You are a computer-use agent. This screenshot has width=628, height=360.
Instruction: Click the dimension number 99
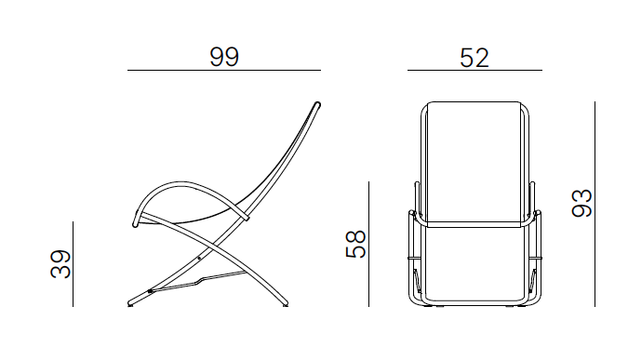224,57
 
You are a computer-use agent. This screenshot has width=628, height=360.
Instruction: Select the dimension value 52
474,58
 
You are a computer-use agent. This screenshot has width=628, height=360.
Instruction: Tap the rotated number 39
60,264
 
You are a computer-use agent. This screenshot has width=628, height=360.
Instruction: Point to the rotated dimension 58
355,244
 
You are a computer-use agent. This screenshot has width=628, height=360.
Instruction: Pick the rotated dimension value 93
581,203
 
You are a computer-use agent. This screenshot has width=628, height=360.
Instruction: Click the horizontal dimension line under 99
224,70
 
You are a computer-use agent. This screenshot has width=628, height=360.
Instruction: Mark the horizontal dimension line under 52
474,70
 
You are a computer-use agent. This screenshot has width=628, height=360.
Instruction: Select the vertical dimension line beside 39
73,264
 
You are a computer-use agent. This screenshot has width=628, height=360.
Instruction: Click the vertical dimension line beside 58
368,244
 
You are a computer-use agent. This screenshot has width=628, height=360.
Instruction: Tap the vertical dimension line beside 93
595,204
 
